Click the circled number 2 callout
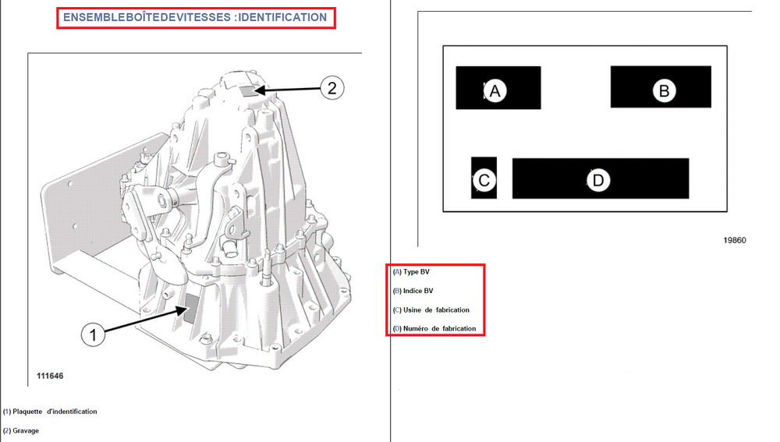pos(331,88)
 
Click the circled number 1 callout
pos(93,334)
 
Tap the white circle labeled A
pos(495,91)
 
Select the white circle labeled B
pos(664,90)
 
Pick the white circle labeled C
pos(484,180)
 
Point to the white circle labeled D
pos(598,180)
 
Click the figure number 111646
pos(50,376)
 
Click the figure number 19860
pos(735,240)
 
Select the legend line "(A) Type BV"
pos(411,272)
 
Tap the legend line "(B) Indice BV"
pos(413,291)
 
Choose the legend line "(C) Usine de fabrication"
pos(431,309)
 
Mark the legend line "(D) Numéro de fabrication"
pos(434,329)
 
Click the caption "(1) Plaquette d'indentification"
pos(50,412)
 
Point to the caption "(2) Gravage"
pos(21,430)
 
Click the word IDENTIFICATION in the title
pos(282,17)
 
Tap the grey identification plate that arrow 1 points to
pos(192,308)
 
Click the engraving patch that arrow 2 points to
pos(247,90)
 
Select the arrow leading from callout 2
pos(288,90)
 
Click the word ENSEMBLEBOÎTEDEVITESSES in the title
pos(147,17)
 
